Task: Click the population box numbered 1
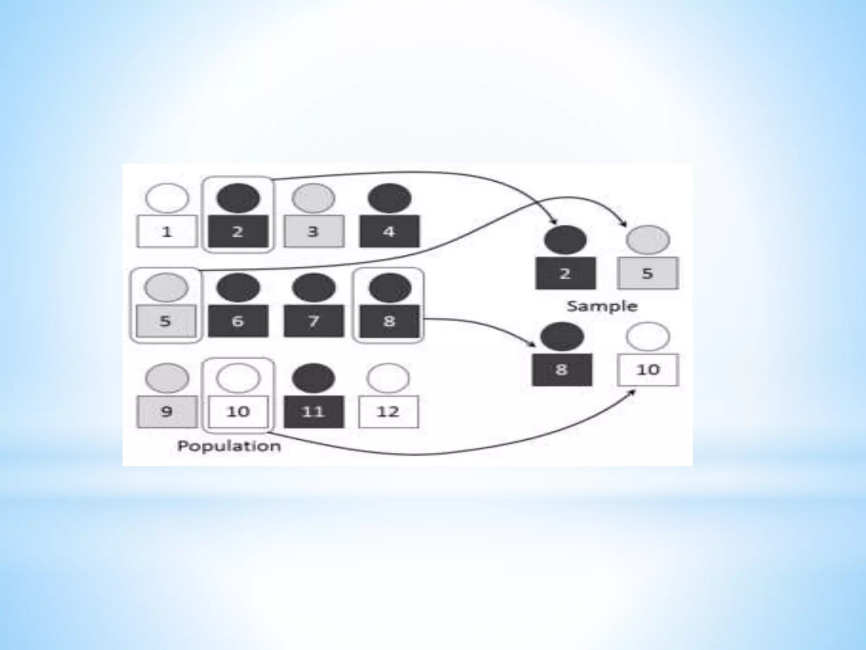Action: pyautogui.click(x=167, y=231)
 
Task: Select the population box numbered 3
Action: pyautogui.click(x=313, y=231)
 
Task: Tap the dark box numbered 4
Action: pyautogui.click(x=389, y=231)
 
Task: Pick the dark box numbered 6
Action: pyautogui.click(x=238, y=321)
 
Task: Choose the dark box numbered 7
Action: pyautogui.click(x=314, y=321)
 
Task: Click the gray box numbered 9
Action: pyautogui.click(x=167, y=411)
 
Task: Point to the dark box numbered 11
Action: pyautogui.click(x=314, y=411)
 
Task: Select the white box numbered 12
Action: pyautogui.click(x=388, y=411)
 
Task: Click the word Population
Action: pyautogui.click(x=229, y=446)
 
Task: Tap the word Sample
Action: pyautogui.click(x=602, y=306)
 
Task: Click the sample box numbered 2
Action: pyautogui.click(x=565, y=273)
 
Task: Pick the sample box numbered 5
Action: pyautogui.click(x=647, y=273)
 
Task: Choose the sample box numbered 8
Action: pyautogui.click(x=562, y=369)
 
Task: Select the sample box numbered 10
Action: pyautogui.click(x=648, y=369)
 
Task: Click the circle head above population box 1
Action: pyautogui.click(x=167, y=198)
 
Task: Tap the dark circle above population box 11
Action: pyautogui.click(x=314, y=378)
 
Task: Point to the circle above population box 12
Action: pyautogui.click(x=388, y=378)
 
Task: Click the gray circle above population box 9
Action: pyautogui.click(x=167, y=378)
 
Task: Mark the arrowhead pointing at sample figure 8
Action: pyautogui.click(x=533, y=344)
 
